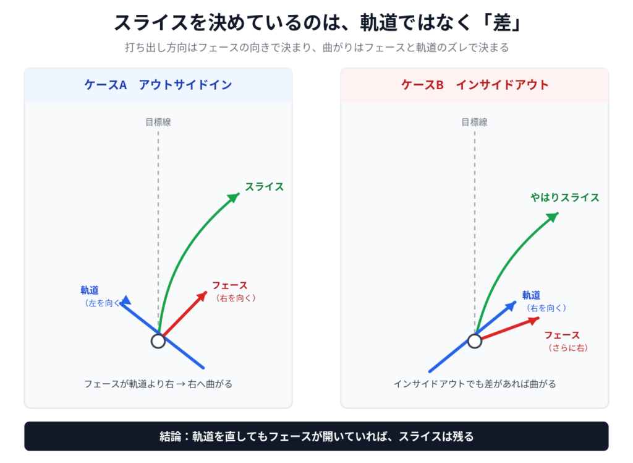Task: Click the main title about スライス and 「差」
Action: [x=317, y=23]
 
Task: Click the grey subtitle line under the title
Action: [x=317, y=48]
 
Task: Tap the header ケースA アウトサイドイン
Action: [x=158, y=85]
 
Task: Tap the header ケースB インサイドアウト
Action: [x=475, y=85]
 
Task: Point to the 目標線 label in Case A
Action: [x=158, y=122]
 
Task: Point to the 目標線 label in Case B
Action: [x=474, y=122]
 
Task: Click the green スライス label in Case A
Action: [x=265, y=187]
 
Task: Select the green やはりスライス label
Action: [x=565, y=197]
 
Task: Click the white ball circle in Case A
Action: [x=158, y=341]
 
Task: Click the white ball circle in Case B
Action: [x=475, y=341]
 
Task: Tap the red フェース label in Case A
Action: [x=230, y=285]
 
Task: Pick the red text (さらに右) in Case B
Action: [x=567, y=348]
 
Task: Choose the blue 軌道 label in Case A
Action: [x=90, y=290]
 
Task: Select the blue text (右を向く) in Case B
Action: [x=546, y=308]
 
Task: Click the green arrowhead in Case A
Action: [x=234, y=197]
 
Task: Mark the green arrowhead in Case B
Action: [x=553, y=217]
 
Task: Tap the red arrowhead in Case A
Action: [x=202, y=296]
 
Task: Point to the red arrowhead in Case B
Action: [x=535, y=321]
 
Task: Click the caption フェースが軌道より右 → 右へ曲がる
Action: [x=158, y=384]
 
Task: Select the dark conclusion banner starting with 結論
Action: [x=316, y=436]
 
